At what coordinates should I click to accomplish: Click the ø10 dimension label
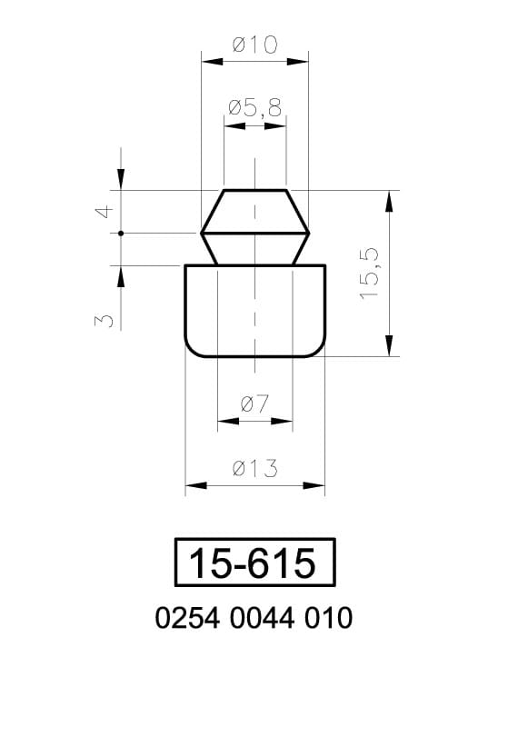(x=255, y=45)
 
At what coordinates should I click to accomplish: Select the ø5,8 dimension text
(x=255, y=108)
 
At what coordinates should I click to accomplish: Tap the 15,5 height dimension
(x=370, y=274)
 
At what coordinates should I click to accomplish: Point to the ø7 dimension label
(x=254, y=403)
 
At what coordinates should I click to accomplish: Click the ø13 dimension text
(x=255, y=469)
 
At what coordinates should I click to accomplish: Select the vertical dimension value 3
(x=105, y=321)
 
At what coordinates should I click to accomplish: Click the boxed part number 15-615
(x=254, y=563)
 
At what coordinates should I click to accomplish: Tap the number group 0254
(x=187, y=618)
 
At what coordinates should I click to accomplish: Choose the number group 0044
(x=263, y=618)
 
